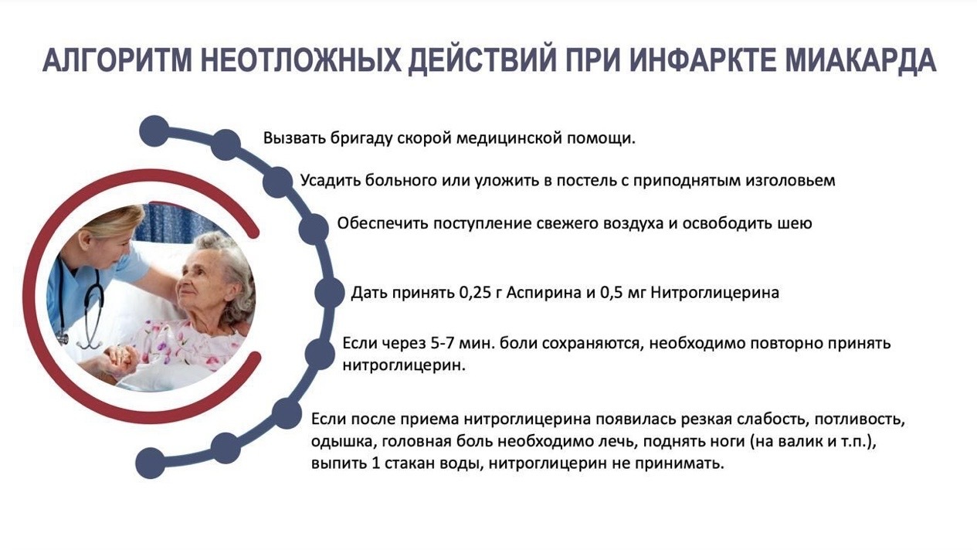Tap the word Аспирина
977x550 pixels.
point(544,293)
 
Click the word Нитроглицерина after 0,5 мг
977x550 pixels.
point(714,293)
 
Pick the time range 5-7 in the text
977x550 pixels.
point(443,343)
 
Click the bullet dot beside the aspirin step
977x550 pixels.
point(329,293)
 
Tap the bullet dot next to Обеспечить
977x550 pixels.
point(314,229)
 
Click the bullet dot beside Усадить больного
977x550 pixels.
point(277,182)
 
